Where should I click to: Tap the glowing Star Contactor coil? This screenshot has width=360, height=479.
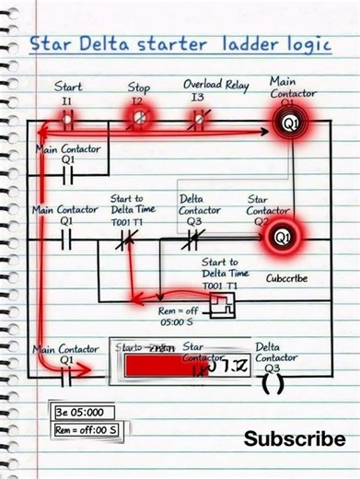tap(279, 238)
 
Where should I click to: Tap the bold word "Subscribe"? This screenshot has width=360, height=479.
tap(294, 439)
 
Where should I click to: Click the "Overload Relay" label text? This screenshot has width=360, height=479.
tap(216, 85)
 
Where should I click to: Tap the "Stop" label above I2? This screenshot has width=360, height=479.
tap(139, 87)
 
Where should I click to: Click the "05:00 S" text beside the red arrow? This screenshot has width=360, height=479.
tap(175, 323)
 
